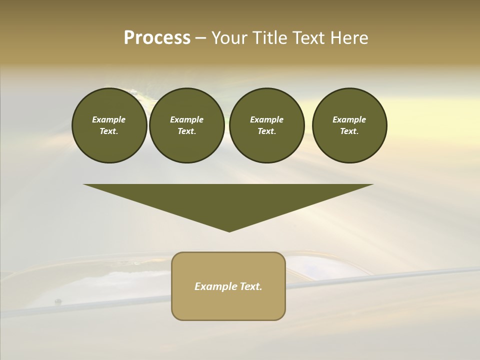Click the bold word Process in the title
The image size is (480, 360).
157,38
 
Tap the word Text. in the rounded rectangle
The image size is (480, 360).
250,286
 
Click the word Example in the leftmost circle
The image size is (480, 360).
109,119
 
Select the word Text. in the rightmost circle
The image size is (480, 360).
349,131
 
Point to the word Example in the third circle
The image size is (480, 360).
266,119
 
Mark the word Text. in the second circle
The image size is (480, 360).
186,131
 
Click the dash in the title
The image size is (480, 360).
200,38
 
